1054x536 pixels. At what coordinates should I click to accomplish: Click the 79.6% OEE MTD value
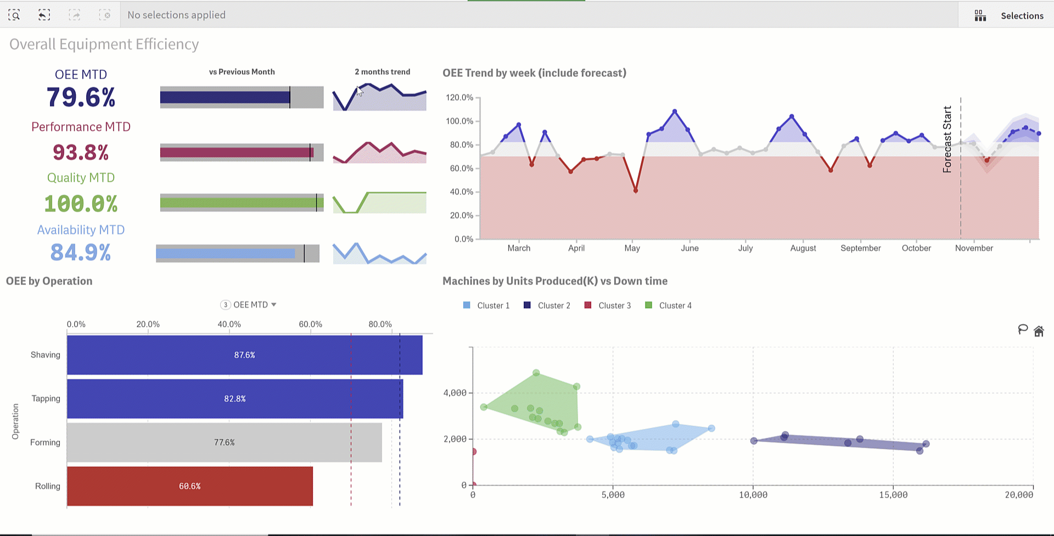tap(81, 98)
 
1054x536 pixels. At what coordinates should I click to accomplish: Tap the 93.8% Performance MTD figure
tap(81, 152)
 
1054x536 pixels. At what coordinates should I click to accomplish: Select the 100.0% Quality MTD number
tap(81, 204)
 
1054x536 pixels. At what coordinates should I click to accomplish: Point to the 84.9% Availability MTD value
tap(81, 253)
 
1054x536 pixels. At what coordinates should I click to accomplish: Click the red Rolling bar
tap(189, 486)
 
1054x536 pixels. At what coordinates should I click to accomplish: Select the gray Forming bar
tap(224, 442)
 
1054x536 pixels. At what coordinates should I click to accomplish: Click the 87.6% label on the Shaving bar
tap(244, 355)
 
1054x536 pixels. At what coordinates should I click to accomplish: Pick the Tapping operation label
tap(46, 399)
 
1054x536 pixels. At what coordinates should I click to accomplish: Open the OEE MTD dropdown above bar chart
tap(250, 305)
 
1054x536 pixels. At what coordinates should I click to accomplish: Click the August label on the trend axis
tap(803, 248)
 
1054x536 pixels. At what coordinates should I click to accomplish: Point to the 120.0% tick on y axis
tap(459, 98)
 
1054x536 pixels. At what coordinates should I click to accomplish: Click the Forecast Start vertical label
tap(948, 139)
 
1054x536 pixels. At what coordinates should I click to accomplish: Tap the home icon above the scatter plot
tap(1039, 331)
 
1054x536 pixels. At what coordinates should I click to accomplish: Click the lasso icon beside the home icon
tap(1023, 330)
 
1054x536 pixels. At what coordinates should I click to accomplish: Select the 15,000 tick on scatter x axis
tap(893, 495)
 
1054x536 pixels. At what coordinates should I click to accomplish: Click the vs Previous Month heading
tap(242, 72)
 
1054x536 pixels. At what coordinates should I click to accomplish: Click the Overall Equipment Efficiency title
tap(104, 44)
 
